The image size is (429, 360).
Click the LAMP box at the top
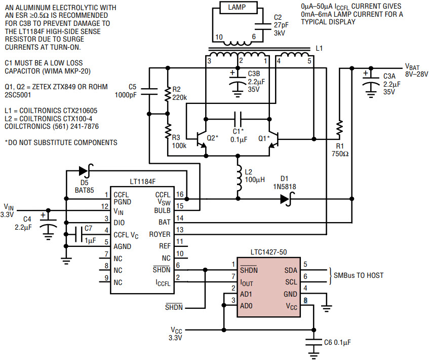(239, 8)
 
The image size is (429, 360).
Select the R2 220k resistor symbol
(168, 94)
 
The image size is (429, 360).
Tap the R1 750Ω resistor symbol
(339, 128)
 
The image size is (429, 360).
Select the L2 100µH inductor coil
(239, 178)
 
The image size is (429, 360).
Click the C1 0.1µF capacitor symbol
(238, 119)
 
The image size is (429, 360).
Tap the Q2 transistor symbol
(202, 139)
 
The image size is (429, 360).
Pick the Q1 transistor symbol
(274, 139)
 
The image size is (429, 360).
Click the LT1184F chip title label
(142, 182)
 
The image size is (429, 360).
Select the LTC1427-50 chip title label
(268, 252)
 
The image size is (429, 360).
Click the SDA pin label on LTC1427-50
(291, 270)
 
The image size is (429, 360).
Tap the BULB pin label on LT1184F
(162, 210)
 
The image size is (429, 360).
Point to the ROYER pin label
(160, 234)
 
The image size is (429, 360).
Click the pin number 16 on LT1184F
(180, 194)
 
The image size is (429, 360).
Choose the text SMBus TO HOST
(359, 275)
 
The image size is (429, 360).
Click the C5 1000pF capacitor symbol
(149, 91)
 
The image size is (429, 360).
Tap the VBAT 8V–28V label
(416, 70)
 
